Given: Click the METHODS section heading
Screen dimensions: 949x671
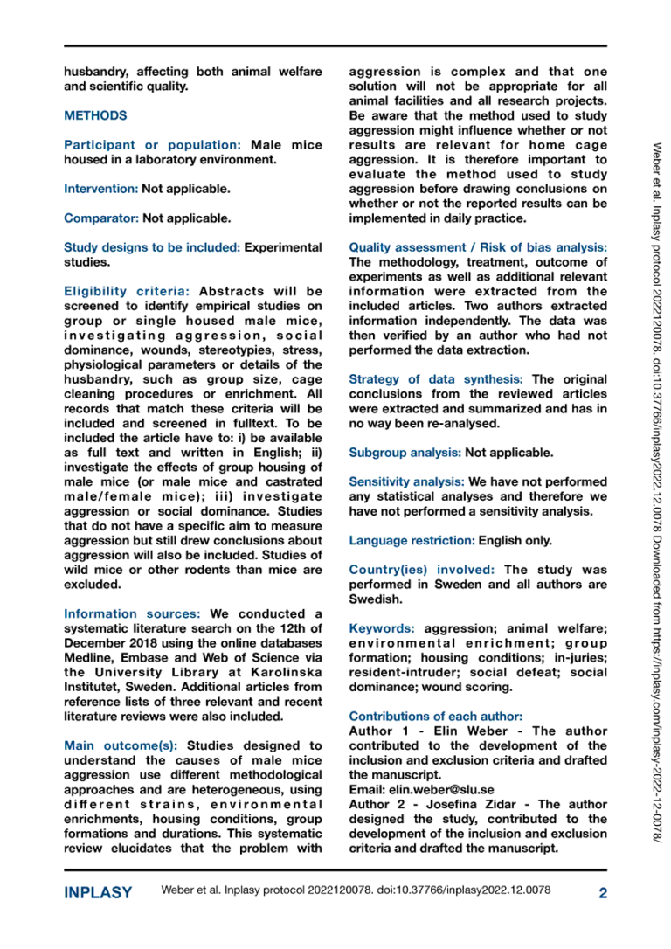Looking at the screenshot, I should click(x=95, y=115).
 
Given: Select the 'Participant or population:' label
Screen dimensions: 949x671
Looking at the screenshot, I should click(x=153, y=144).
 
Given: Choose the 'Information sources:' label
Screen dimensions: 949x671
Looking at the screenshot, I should click(x=132, y=613).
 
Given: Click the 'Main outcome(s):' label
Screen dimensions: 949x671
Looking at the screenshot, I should click(x=121, y=745).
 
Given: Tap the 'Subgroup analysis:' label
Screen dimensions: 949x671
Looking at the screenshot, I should click(x=405, y=453).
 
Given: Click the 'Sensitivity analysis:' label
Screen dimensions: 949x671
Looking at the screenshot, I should click(x=406, y=481).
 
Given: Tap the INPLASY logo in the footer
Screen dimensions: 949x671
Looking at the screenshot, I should click(x=98, y=892).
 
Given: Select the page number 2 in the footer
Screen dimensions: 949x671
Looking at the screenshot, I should click(x=602, y=892).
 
